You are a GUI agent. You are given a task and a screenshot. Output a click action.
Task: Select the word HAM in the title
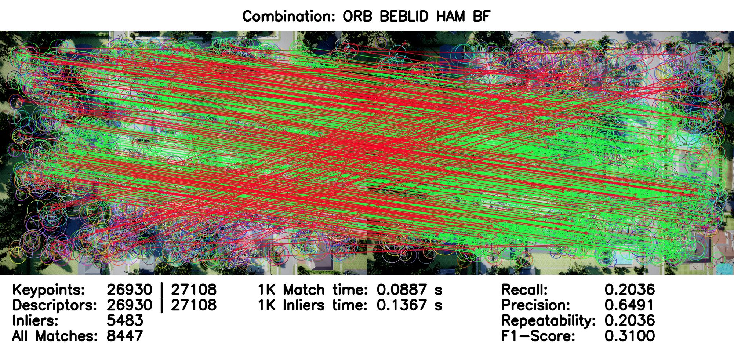click(451, 17)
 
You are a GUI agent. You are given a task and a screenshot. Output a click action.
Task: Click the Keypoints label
click(49, 290)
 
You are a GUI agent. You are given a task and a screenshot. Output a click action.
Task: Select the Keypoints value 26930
click(130, 290)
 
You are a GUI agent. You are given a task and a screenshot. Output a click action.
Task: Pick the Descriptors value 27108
click(194, 305)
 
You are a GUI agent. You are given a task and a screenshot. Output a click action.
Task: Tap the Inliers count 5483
click(125, 321)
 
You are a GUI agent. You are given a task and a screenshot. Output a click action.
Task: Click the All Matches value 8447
click(125, 336)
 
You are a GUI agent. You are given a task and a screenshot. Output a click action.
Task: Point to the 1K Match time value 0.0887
click(401, 290)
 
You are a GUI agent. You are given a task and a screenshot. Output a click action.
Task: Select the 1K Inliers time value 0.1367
click(401, 305)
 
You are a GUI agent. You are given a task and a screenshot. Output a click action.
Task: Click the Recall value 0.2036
click(630, 290)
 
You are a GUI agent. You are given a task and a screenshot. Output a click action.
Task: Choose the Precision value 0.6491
click(630, 305)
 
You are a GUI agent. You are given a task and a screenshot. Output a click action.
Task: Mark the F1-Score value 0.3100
click(630, 336)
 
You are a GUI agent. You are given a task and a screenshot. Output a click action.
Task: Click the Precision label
click(536, 305)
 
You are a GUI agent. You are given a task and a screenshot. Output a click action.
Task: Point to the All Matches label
click(55, 336)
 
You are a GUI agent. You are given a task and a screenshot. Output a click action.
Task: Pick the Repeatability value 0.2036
click(630, 321)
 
